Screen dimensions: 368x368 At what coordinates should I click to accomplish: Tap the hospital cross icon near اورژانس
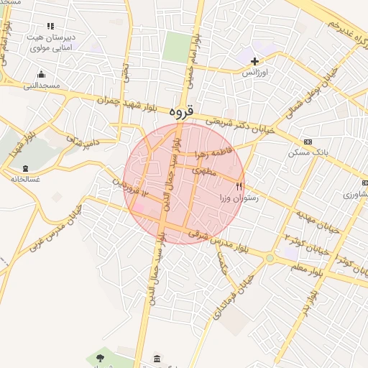tap(254, 61)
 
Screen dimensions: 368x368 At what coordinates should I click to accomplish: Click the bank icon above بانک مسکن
tap(308, 142)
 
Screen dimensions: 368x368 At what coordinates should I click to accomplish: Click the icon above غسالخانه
tap(25, 168)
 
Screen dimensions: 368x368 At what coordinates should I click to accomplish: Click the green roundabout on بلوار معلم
tap(270, 258)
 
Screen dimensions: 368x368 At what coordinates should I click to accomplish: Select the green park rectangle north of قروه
tap(176, 47)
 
